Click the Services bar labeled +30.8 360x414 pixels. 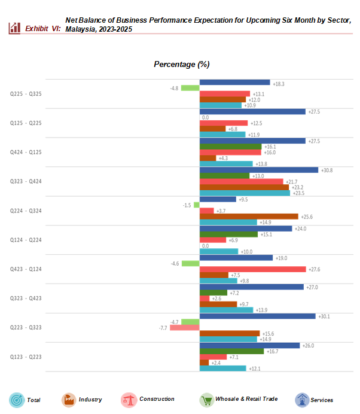pos(258,170)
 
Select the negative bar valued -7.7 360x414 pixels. pos(184,328)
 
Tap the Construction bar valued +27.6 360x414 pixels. pos(252,269)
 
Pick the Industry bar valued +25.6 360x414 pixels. pos(248,217)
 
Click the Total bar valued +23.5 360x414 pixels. pos(244,193)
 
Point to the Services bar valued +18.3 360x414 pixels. pos(234,83)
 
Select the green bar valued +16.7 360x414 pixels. pos(230,351)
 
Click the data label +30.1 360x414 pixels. pos(322,316)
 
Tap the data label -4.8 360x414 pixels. pos(174,88)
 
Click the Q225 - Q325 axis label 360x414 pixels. pos(26,94)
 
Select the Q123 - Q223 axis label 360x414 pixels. pos(26,357)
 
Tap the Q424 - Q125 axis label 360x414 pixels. pos(26,152)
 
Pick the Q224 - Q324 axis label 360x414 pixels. pos(26,211)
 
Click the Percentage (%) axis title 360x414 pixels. pos(181,64)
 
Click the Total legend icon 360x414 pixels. pos(16,400)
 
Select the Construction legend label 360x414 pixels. pos(157,399)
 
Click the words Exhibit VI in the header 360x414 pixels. pos(42,28)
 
